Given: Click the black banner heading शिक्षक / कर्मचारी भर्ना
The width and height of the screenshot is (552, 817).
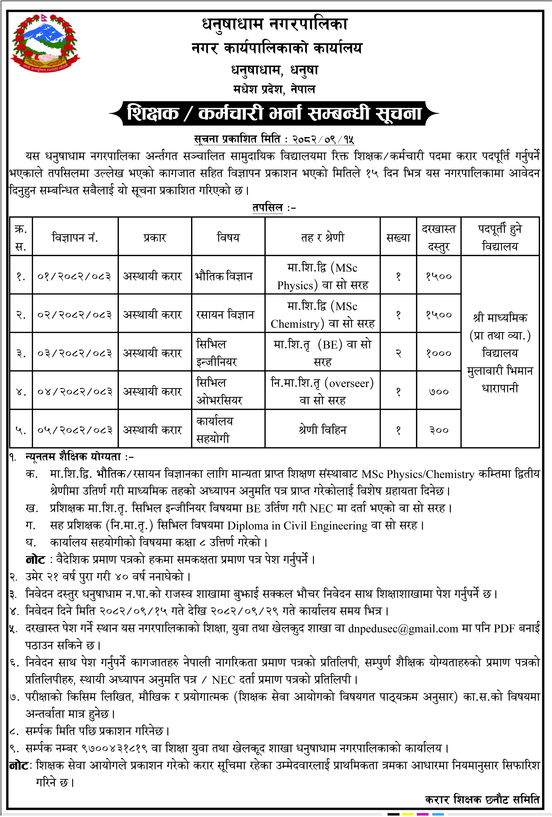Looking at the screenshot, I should (x=274, y=114).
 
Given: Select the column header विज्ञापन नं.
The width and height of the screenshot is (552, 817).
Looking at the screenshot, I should (x=75, y=238).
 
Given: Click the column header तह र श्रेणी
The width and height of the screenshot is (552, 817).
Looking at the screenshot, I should (x=322, y=238).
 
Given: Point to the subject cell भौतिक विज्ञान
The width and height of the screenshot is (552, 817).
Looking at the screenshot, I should (x=224, y=276).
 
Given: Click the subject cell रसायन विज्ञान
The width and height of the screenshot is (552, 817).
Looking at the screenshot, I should (x=225, y=315).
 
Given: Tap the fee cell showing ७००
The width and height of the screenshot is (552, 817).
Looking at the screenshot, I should (x=439, y=391).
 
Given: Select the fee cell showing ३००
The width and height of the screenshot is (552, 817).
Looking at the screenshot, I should (x=439, y=430).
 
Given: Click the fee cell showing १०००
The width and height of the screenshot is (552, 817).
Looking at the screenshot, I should (x=439, y=353).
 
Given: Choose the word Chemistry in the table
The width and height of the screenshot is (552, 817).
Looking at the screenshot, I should (x=295, y=324).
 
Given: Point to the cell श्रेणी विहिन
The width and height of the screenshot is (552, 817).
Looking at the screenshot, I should (x=322, y=430).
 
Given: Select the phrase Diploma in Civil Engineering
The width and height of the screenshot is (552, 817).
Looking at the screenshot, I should (x=297, y=526).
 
